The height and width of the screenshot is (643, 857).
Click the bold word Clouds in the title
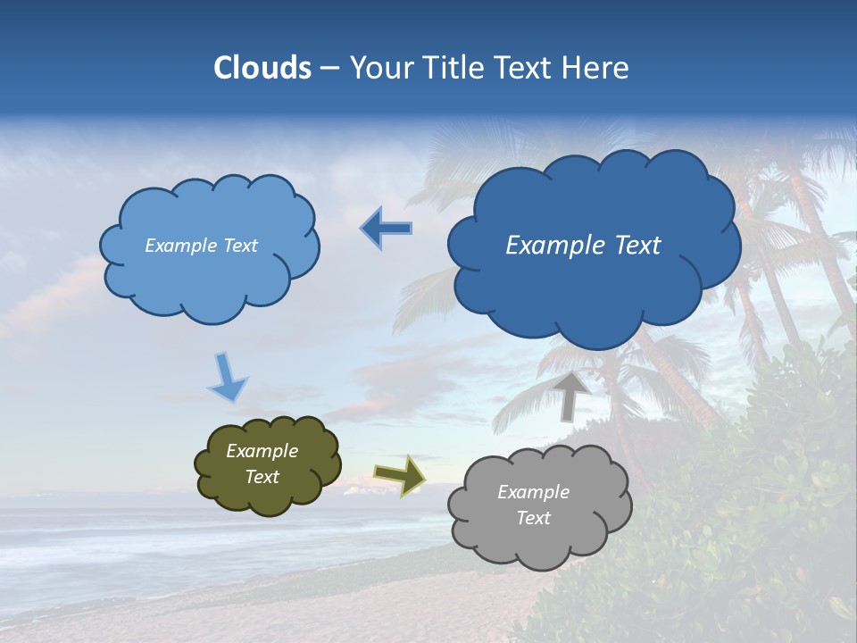pyautogui.click(x=262, y=68)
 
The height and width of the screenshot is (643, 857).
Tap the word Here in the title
pyautogui.click(x=597, y=68)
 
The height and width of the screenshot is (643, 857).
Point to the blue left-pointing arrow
pyautogui.click(x=385, y=229)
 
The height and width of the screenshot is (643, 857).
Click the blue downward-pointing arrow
pyautogui.click(x=228, y=378)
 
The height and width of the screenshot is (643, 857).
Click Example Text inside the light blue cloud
pyautogui.click(x=201, y=246)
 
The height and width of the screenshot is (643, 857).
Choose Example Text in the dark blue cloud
pyautogui.click(x=583, y=246)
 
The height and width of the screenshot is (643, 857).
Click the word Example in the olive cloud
pyautogui.click(x=262, y=451)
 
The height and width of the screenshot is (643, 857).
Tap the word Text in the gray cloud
pyautogui.click(x=533, y=518)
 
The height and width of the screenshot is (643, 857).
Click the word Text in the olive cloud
pyautogui.click(x=262, y=477)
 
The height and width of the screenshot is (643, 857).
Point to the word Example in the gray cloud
pyautogui.click(x=533, y=492)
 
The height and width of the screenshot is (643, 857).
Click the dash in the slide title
pyautogui.click(x=329, y=68)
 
